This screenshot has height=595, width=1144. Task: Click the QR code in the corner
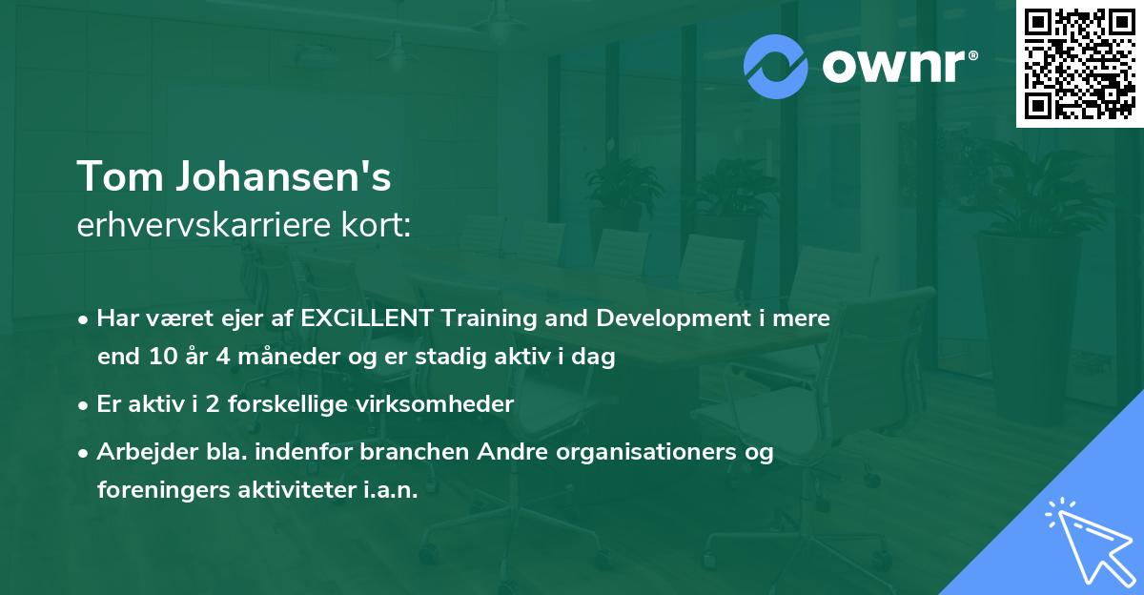coord(1078,65)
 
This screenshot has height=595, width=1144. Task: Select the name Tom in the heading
coord(111,177)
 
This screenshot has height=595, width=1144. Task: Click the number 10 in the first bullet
coord(161,358)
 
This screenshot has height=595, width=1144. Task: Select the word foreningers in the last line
coord(156,490)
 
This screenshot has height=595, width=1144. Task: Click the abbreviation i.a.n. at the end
coord(389,490)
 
